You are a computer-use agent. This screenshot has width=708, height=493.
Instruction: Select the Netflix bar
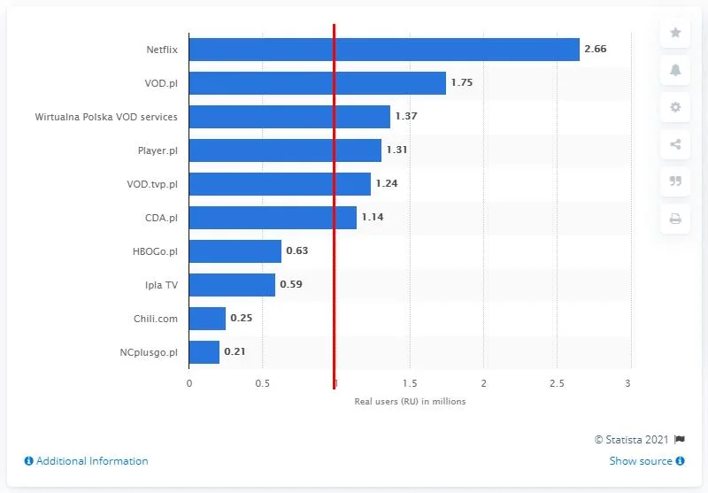pos(384,50)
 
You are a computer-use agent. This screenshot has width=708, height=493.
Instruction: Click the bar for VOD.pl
pos(318,83)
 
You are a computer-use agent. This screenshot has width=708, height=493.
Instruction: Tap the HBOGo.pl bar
pos(235,251)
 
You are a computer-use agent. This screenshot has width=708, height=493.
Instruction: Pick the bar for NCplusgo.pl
pos(204,352)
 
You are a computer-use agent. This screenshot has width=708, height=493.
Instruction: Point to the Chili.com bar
pos(207,319)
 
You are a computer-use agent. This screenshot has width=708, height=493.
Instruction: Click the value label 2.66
pos(595,50)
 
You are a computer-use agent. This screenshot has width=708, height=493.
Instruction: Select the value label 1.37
pos(405,117)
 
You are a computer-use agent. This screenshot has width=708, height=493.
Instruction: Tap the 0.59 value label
pos(290,285)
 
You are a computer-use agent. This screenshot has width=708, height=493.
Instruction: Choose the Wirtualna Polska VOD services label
pos(106,117)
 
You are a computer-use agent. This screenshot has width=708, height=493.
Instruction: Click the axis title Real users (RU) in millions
pos(409,401)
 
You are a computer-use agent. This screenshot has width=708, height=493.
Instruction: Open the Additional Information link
pos(86,461)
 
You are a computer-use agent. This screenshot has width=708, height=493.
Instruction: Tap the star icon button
pos(675,33)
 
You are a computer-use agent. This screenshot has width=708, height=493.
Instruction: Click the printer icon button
pos(675,219)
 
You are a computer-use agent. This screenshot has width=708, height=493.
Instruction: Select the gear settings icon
pos(675,107)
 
